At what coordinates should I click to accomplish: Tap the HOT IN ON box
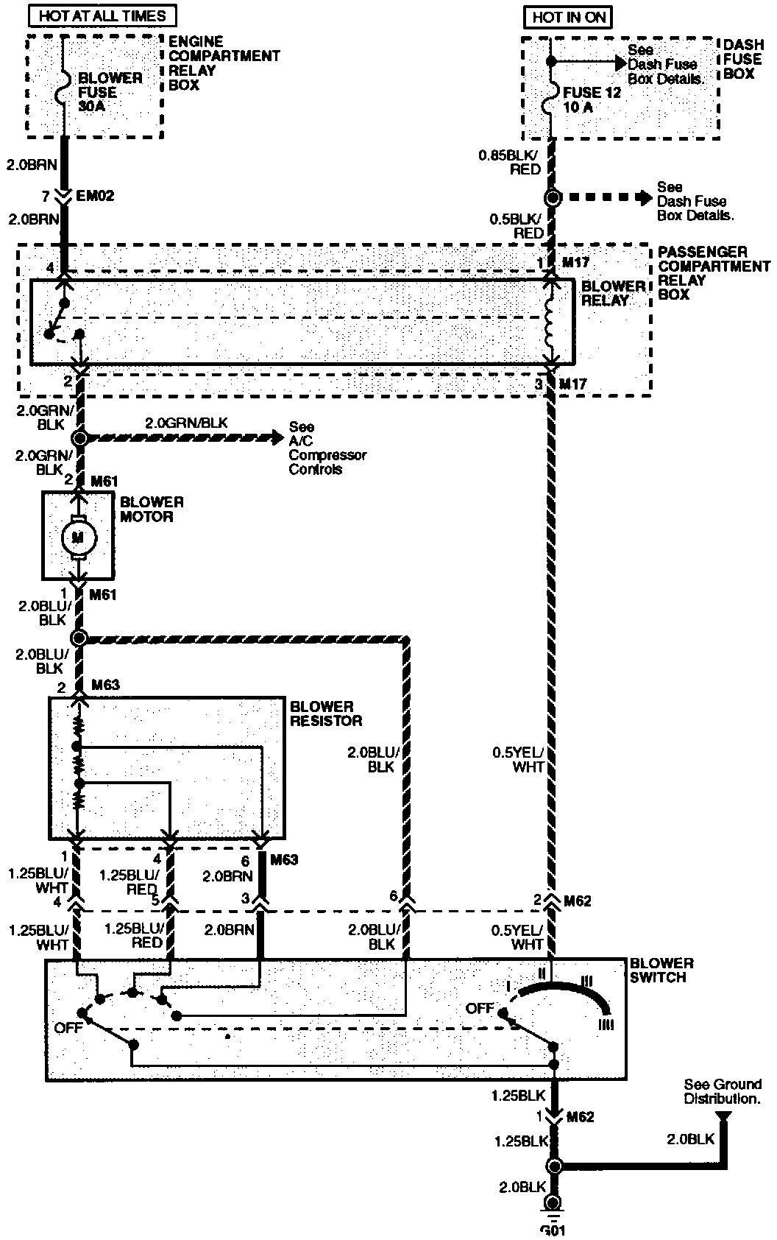(x=567, y=16)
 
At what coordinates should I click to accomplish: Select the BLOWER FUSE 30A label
(x=110, y=92)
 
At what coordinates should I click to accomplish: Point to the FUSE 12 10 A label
(x=592, y=100)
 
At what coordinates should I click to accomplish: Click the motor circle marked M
(x=77, y=537)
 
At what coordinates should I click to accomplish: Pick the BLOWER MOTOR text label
(x=152, y=510)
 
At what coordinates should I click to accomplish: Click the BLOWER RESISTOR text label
(x=325, y=714)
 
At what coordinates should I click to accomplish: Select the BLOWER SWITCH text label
(x=661, y=970)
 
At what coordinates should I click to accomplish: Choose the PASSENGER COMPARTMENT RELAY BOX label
(x=712, y=273)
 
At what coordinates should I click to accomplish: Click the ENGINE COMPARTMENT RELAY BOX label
(x=224, y=63)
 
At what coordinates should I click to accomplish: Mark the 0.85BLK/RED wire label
(x=509, y=162)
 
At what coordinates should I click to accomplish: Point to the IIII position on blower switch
(x=606, y=1024)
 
